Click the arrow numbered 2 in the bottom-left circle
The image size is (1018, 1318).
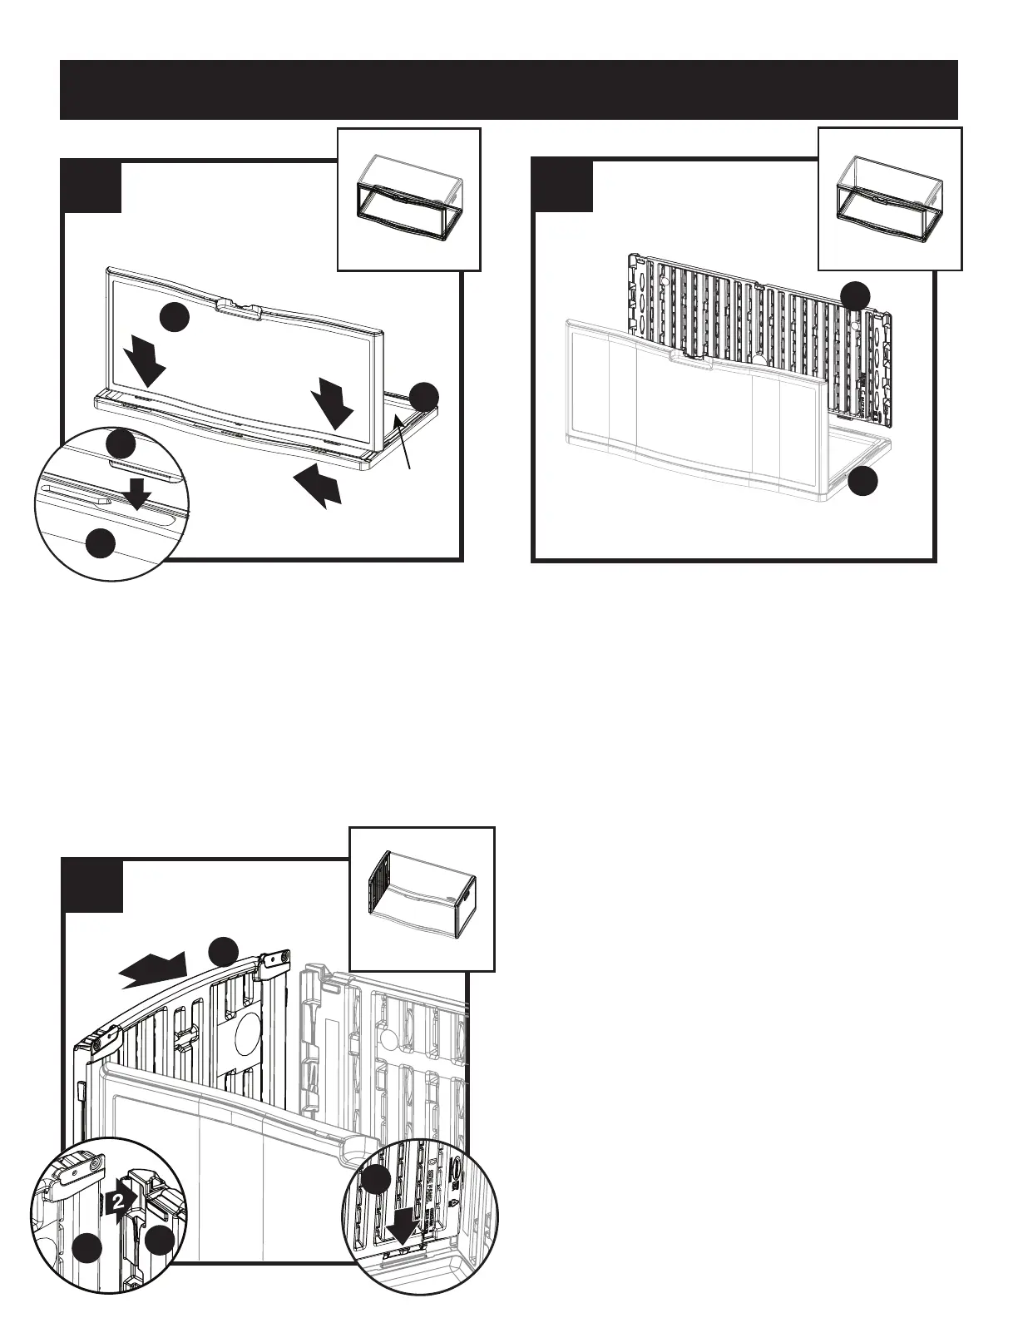(x=121, y=1201)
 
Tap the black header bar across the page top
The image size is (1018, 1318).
(x=508, y=89)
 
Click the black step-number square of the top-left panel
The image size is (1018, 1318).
(x=92, y=186)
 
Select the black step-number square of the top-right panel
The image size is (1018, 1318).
(x=562, y=185)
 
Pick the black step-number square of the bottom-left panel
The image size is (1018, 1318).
(x=92, y=885)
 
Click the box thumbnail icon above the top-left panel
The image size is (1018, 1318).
(x=408, y=200)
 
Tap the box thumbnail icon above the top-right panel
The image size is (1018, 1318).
(x=890, y=199)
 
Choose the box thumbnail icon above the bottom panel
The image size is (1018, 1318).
(x=422, y=899)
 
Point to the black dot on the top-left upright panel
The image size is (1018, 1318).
(x=174, y=318)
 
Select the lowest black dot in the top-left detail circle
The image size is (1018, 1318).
(x=101, y=543)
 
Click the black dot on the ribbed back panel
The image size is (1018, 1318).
(x=855, y=295)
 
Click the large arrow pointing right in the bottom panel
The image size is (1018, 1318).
(x=154, y=971)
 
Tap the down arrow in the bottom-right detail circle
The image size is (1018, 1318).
(x=403, y=1252)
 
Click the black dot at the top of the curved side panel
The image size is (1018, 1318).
(x=223, y=951)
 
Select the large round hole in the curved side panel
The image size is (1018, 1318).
(x=248, y=1036)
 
